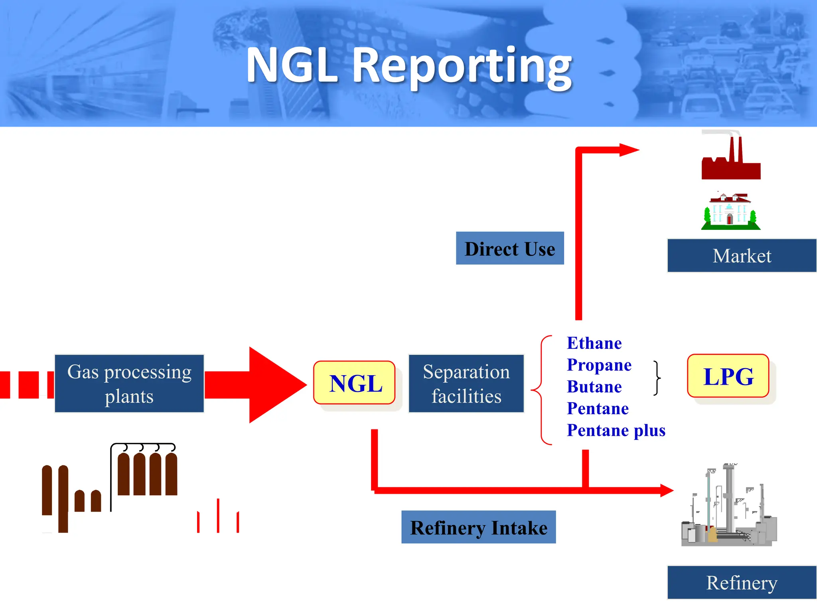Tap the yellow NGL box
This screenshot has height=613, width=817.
pyautogui.click(x=354, y=383)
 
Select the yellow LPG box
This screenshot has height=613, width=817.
pyautogui.click(x=728, y=376)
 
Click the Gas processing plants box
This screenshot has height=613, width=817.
pyautogui.click(x=129, y=384)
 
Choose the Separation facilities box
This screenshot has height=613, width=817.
pyautogui.click(x=466, y=384)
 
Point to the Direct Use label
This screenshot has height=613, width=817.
pyautogui.click(x=509, y=248)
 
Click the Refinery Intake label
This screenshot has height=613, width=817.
pyautogui.click(x=478, y=527)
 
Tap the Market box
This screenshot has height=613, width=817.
pyautogui.click(x=742, y=256)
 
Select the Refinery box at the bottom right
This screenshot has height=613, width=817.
pyautogui.click(x=742, y=583)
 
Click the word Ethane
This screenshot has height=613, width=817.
pyautogui.click(x=594, y=343)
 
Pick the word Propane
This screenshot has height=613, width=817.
pyautogui.click(x=599, y=365)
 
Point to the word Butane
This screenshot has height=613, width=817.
pyautogui.click(x=594, y=387)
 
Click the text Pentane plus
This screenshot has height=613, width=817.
pyautogui.click(x=616, y=430)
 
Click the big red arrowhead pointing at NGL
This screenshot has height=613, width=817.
pyautogui.click(x=275, y=385)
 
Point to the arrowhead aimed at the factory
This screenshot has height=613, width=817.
pyautogui.click(x=629, y=150)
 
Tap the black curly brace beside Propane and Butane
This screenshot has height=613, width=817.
pyautogui.click(x=657, y=378)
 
